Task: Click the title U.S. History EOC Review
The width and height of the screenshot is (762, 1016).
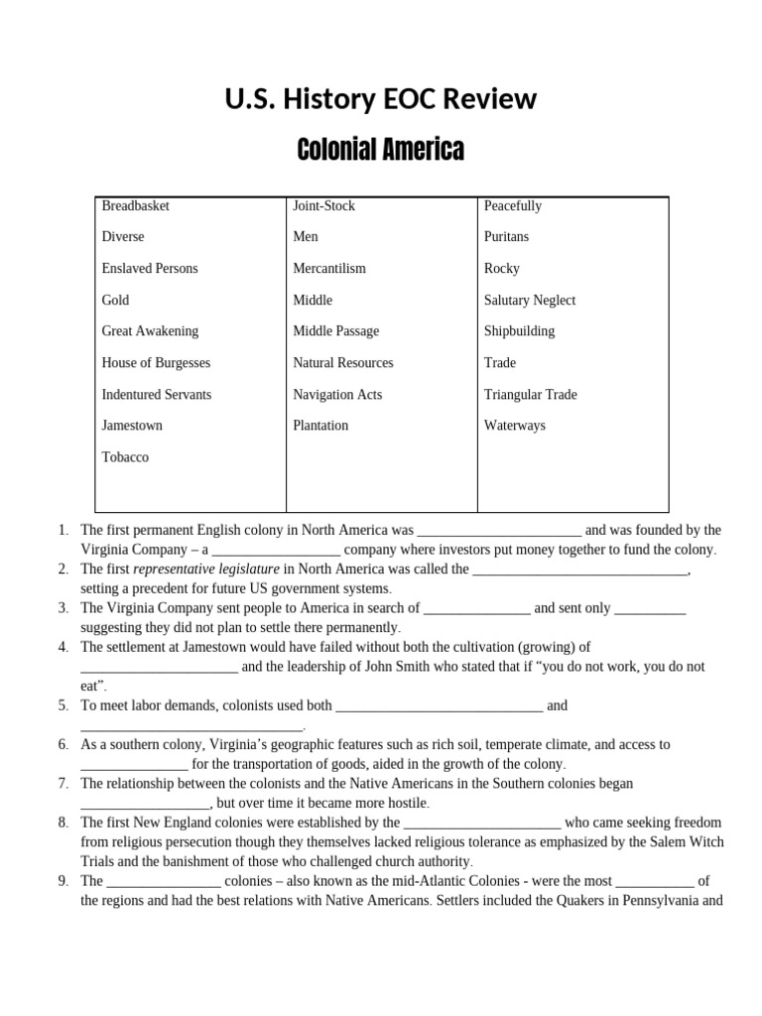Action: (381, 99)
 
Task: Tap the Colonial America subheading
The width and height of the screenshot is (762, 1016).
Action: (381, 150)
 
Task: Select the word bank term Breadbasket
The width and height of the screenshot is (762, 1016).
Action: (135, 205)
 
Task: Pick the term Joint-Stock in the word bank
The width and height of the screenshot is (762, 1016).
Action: (323, 205)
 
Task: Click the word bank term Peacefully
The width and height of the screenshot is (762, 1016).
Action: (512, 205)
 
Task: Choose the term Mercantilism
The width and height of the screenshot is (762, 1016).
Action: (329, 268)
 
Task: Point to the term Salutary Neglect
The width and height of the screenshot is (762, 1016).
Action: (529, 300)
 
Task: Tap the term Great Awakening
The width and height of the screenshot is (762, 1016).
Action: (150, 331)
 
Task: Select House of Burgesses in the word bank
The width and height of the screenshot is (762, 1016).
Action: (156, 363)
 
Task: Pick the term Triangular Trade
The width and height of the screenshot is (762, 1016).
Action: (530, 394)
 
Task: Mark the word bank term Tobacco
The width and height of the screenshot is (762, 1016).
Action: (125, 457)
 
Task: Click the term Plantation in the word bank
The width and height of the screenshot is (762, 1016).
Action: (320, 426)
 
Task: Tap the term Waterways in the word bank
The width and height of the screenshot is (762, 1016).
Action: (514, 426)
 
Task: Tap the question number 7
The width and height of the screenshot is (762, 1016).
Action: (62, 783)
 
